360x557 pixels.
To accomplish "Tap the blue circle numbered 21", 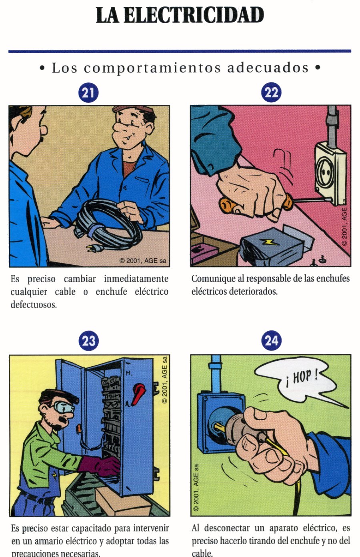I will [x=88, y=93].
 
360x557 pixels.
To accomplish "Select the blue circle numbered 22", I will [x=271, y=93].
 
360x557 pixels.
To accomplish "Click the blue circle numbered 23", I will [x=88, y=341].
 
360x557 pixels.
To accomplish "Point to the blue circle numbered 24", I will [x=271, y=341].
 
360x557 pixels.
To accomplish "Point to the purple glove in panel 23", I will [x=98, y=466].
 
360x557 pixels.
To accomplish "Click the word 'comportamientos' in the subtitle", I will [x=152, y=68].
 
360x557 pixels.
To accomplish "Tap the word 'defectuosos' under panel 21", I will [x=33, y=305].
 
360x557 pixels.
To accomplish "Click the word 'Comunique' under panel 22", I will [x=214, y=279].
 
